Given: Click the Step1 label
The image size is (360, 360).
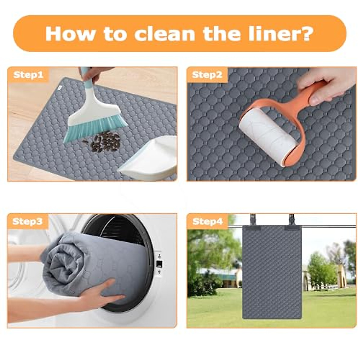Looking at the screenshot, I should coord(28,75).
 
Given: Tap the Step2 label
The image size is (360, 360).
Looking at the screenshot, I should coord(207,75).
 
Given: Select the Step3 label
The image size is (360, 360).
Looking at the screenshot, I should coord(28,222).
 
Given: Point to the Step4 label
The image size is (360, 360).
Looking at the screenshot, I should coord(208,222).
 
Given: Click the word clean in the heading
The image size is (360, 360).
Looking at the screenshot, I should coord(165,33).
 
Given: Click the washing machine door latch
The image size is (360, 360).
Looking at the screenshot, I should coord(159,264).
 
